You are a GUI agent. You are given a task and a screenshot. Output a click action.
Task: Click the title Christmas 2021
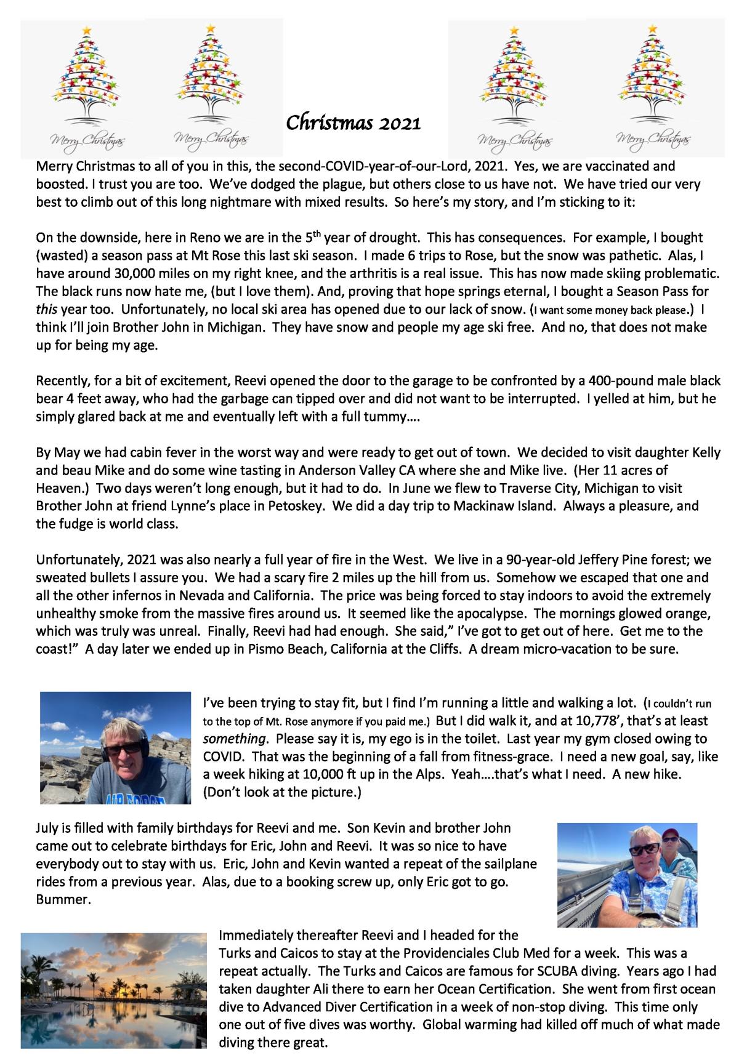pos(353,122)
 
